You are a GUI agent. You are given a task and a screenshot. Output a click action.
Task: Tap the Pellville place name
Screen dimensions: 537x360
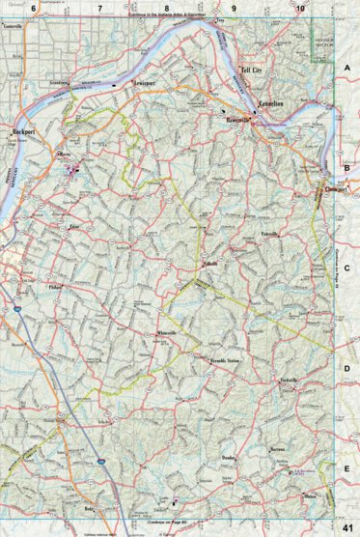coord(210,263)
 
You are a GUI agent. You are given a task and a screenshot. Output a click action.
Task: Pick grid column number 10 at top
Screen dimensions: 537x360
coord(301,8)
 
